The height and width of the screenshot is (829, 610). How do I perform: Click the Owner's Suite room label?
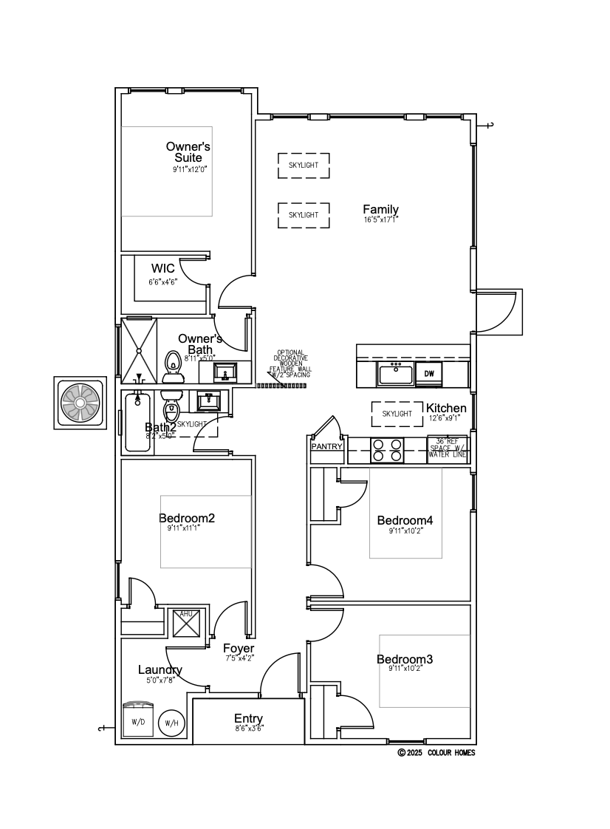click(188, 152)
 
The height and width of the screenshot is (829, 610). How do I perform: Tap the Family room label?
click(380, 210)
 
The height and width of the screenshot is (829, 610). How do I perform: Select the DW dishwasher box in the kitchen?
click(429, 374)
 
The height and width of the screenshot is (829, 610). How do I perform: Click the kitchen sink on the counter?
click(396, 373)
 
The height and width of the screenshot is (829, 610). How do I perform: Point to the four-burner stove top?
click(386, 450)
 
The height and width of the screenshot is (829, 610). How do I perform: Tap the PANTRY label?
click(326, 447)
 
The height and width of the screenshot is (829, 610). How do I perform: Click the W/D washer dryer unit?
click(138, 719)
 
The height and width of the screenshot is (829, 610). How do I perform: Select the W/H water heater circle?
click(171, 723)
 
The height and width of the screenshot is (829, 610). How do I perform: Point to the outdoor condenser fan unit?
click(80, 402)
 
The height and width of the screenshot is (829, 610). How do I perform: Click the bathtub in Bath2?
click(138, 422)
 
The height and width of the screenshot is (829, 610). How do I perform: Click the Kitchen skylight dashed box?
click(397, 414)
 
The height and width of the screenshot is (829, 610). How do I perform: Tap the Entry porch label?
click(248, 719)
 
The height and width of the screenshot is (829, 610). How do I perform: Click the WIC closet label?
click(163, 268)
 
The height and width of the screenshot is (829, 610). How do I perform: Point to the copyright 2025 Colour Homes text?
click(436, 753)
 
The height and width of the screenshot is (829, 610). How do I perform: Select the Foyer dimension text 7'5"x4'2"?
click(239, 658)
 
